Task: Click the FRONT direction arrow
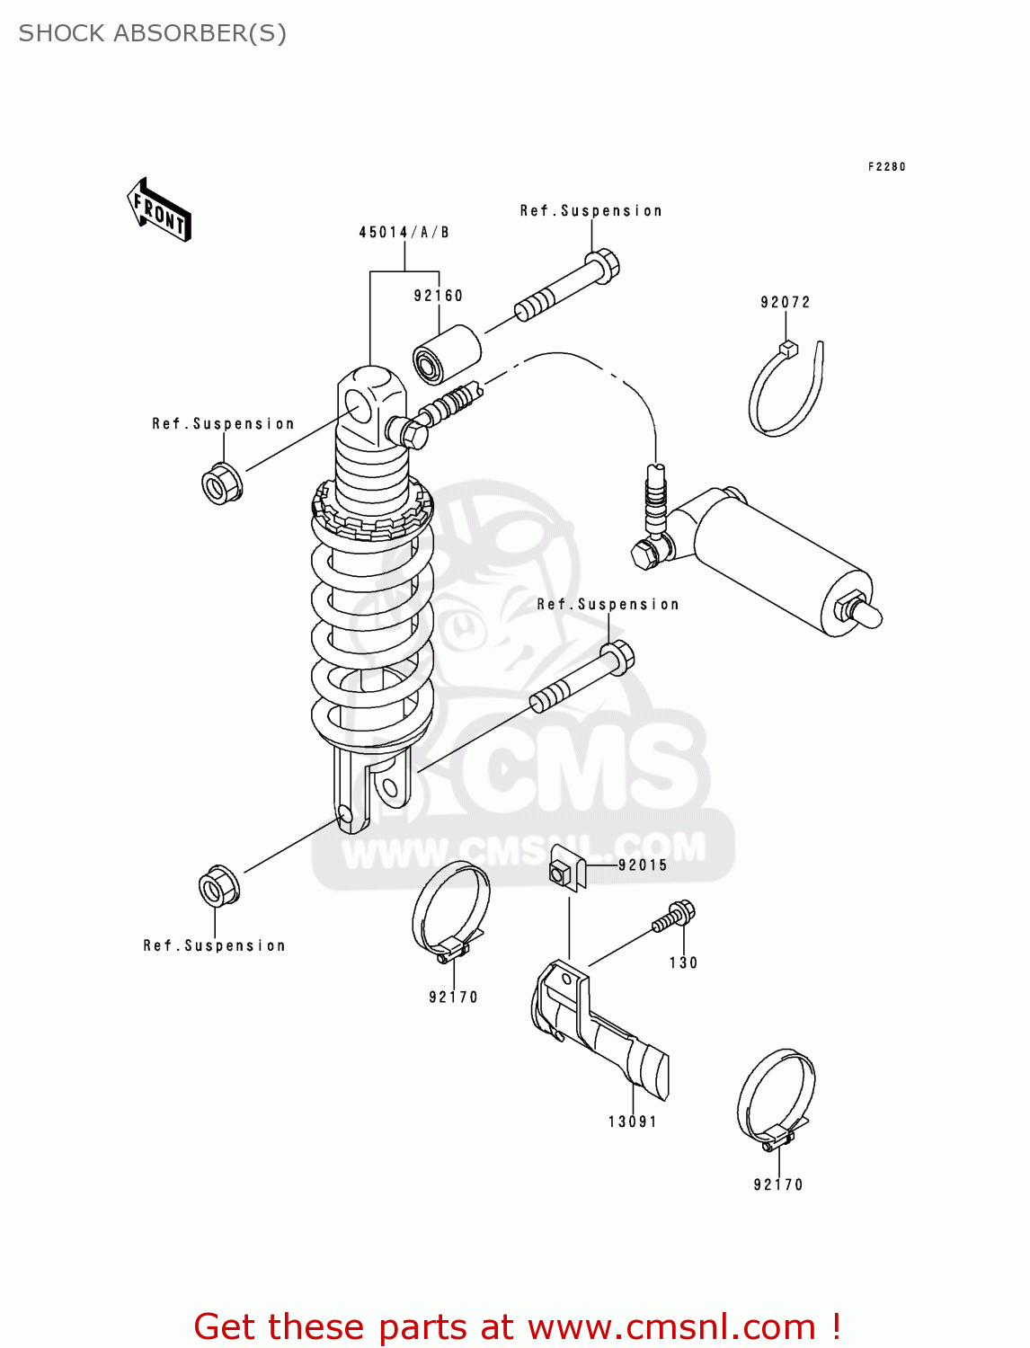click(x=159, y=210)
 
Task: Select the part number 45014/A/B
click(x=404, y=233)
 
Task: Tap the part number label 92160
click(x=438, y=296)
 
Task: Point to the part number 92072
click(x=785, y=303)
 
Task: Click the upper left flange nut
click(x=220, y=483)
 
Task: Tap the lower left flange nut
click(x=218, y=887)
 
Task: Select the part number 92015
click(x=643, y=865)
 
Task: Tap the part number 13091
click(x=633, y=1122)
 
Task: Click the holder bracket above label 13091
click(x=598, y=1029)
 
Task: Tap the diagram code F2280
click(x=886, y=167)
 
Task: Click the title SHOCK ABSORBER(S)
click(x=153, y=33)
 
